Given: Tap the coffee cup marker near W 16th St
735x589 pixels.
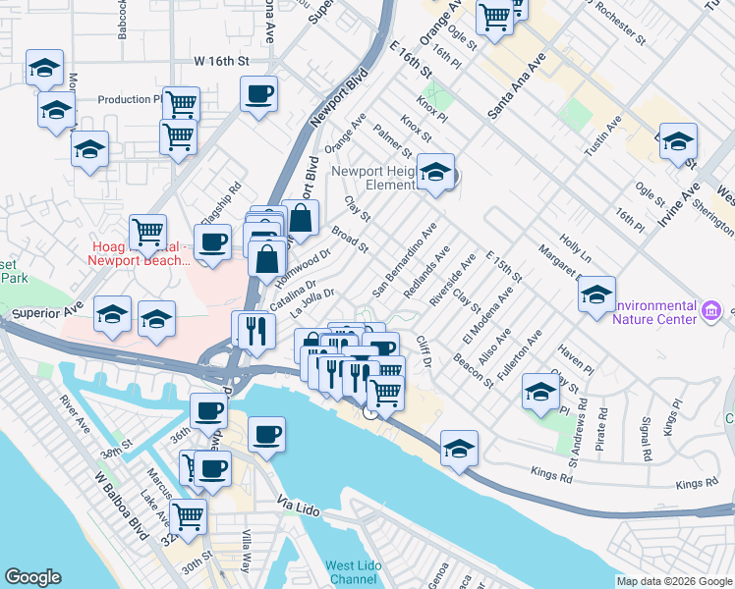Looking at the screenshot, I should click(x=258, y=94).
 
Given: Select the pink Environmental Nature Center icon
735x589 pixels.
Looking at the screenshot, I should click(x=713, y=311).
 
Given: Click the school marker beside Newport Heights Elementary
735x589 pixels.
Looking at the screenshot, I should click(x=433, y=173).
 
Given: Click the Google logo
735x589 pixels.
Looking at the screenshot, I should click(x=32, y=577).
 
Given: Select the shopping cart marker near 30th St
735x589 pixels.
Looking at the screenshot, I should click(x=188, y=514).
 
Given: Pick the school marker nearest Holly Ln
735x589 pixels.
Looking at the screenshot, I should click(x=596, y=294).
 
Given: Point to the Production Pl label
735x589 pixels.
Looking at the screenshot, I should click(x=130, y=100).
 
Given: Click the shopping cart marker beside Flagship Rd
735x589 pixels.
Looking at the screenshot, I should click(x=147, y=233).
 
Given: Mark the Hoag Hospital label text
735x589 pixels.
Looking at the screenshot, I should click(x=138, y=253).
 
